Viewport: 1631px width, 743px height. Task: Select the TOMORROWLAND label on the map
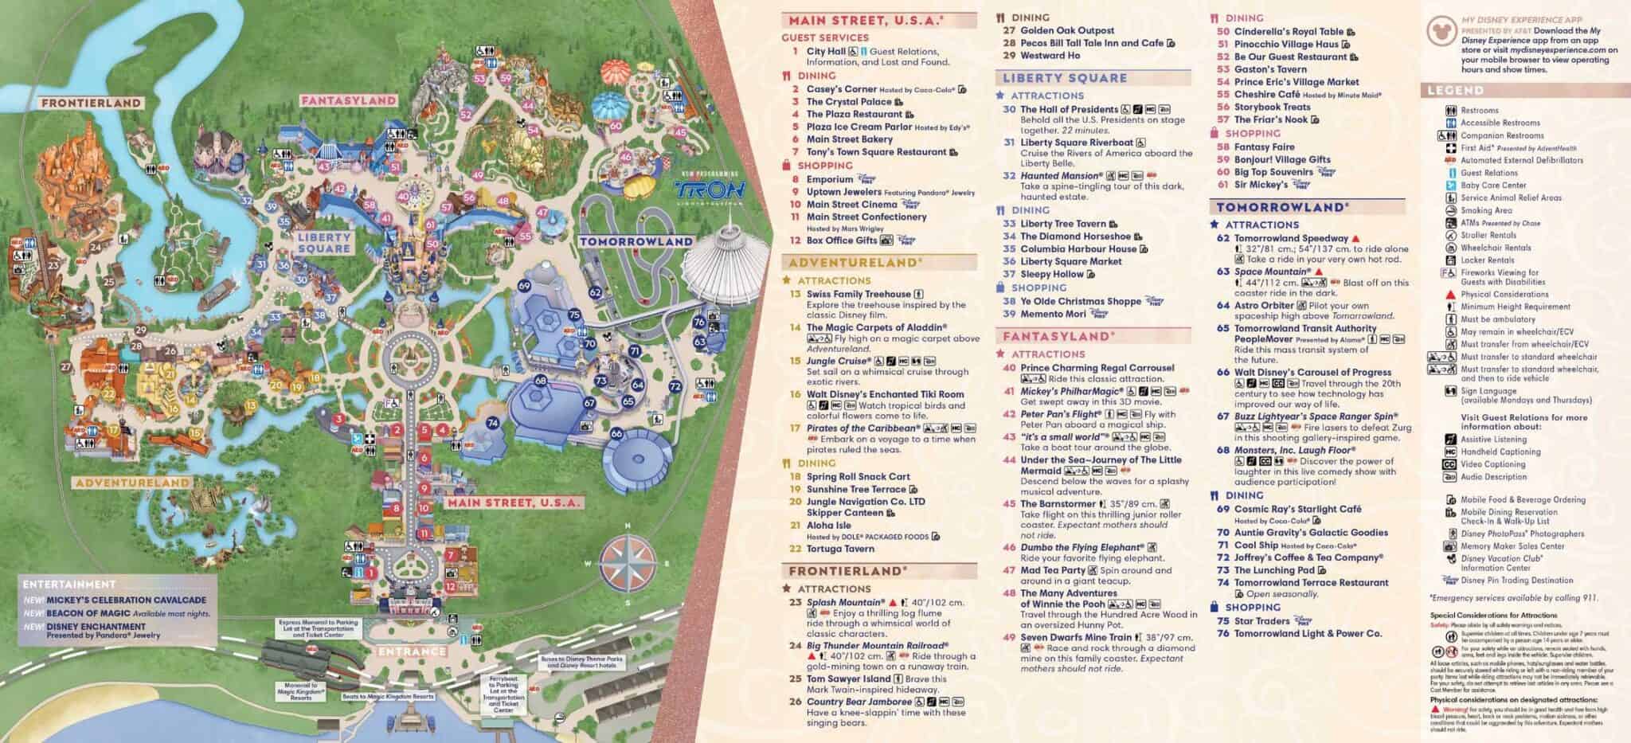636,241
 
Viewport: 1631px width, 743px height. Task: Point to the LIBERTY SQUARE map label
324,242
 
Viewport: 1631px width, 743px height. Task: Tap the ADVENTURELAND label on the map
132,483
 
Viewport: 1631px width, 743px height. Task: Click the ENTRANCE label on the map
413,651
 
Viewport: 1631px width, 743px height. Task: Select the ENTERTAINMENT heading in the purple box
69,585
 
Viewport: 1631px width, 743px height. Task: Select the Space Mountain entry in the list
1273,272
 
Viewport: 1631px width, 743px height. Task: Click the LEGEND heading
1454,90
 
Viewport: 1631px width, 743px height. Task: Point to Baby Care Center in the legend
1493,185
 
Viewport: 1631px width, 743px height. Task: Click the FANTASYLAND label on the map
348,100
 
